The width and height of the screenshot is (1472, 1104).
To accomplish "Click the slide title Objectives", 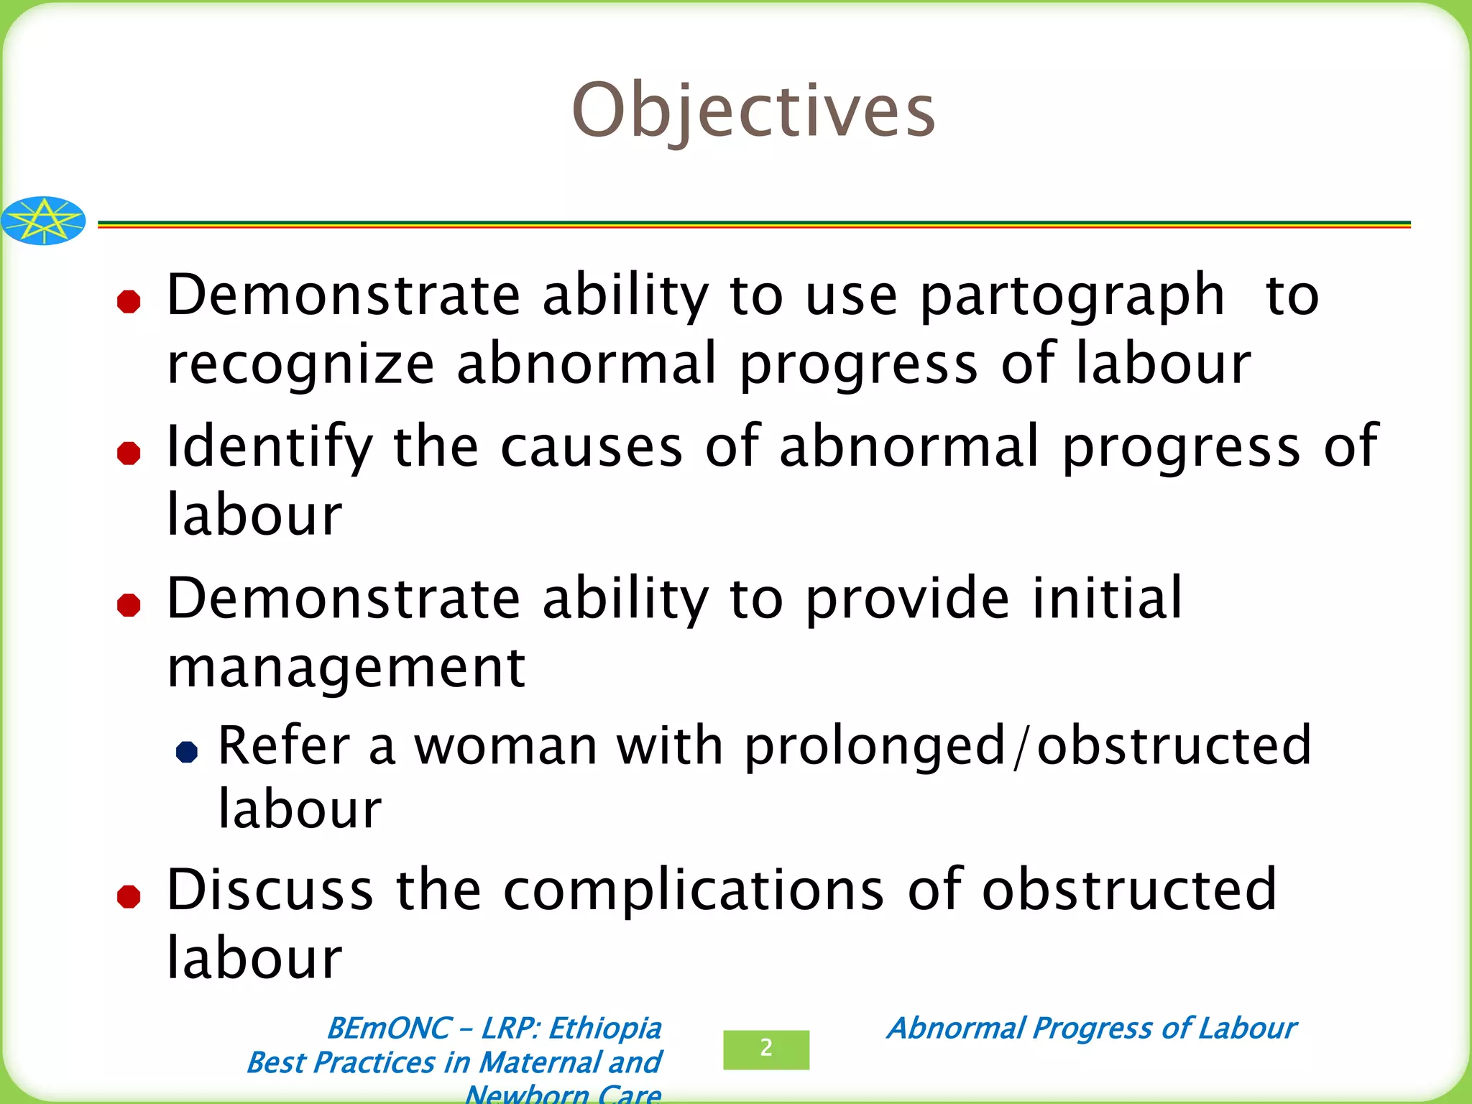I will click(x=753, y=111).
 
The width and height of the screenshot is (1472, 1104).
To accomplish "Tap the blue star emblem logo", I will click(x=43, y=221).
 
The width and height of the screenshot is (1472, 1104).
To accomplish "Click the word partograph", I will click(x=1072, y=296).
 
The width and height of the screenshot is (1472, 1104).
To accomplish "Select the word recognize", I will click(x=300, y=365).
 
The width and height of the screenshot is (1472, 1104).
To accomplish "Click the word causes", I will click(x=591, y=448).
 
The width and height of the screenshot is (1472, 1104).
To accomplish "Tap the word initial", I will click(x=1107, y=598).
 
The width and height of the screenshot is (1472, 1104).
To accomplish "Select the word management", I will click(x=346, y=668).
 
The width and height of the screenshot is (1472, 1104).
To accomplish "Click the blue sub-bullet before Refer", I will click(x=187, y=752).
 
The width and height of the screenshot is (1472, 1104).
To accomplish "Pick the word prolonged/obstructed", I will click(x=1028, y=746).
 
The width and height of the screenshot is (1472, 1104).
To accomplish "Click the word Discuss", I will click(x=270, y=891).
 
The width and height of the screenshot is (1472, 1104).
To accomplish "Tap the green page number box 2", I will click(x=766, y=1049).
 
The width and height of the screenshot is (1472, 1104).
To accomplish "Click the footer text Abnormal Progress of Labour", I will click(x=1091, y=1028).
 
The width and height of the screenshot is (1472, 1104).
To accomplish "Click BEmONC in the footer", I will click(x=388, y=1029).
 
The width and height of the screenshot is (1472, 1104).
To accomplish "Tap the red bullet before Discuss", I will click(x=129, y=896).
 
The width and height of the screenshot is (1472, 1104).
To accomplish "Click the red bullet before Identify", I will click(x=129, y=453).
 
